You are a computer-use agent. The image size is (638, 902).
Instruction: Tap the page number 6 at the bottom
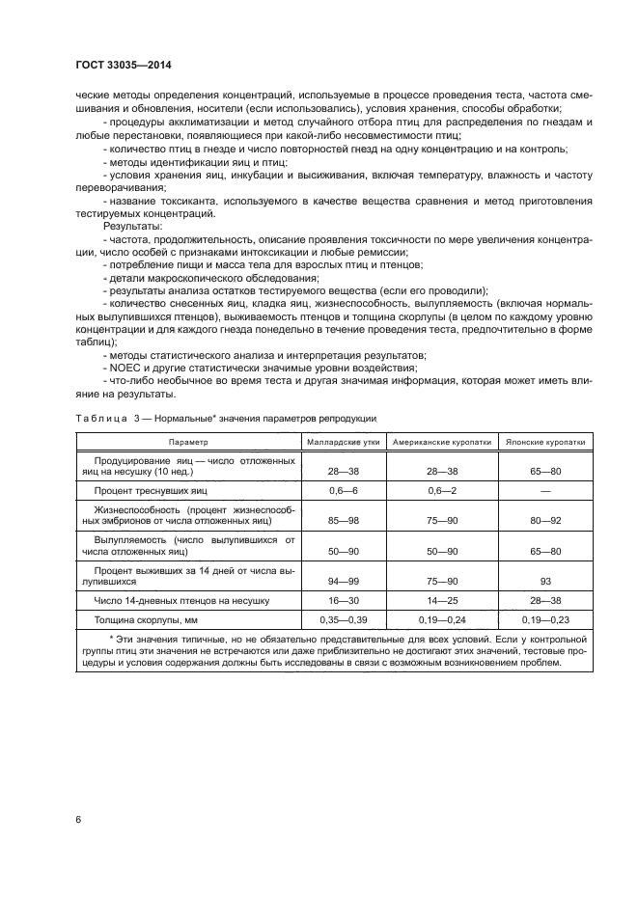tap(78, 820)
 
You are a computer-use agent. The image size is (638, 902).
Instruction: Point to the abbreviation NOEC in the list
tap(126, 368)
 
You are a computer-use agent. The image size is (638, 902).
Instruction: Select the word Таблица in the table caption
tap(99, 418)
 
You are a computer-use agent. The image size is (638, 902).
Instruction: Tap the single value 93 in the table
tap(545, 583)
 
